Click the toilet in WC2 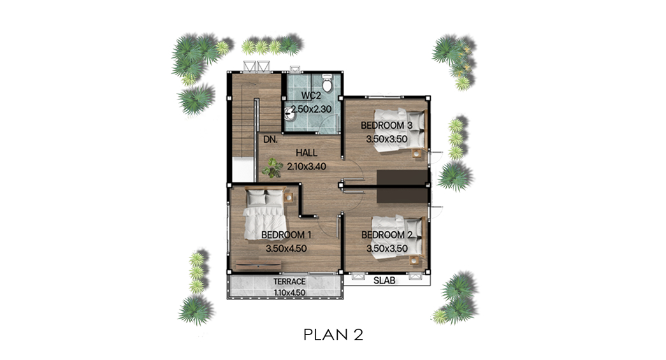pos(327,83)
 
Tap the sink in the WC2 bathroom pos(289,113)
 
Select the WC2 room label pos(311,96)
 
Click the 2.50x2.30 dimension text pos(311,109)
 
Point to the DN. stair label pos(271,140)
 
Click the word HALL pos(307,153)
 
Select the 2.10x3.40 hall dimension pos(307,166)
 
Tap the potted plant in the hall pos(272,168)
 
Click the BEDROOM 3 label pos(386,126)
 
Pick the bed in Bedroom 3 pos(400,129)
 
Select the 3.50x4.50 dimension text pos(286,248)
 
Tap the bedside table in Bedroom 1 pos(289,197)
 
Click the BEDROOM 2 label pos(387,235)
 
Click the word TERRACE pos(289,282)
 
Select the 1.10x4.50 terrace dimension pos(289,292)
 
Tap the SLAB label pos(384,280)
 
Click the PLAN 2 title pos(333,335)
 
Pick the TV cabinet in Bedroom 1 pos(258,265)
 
